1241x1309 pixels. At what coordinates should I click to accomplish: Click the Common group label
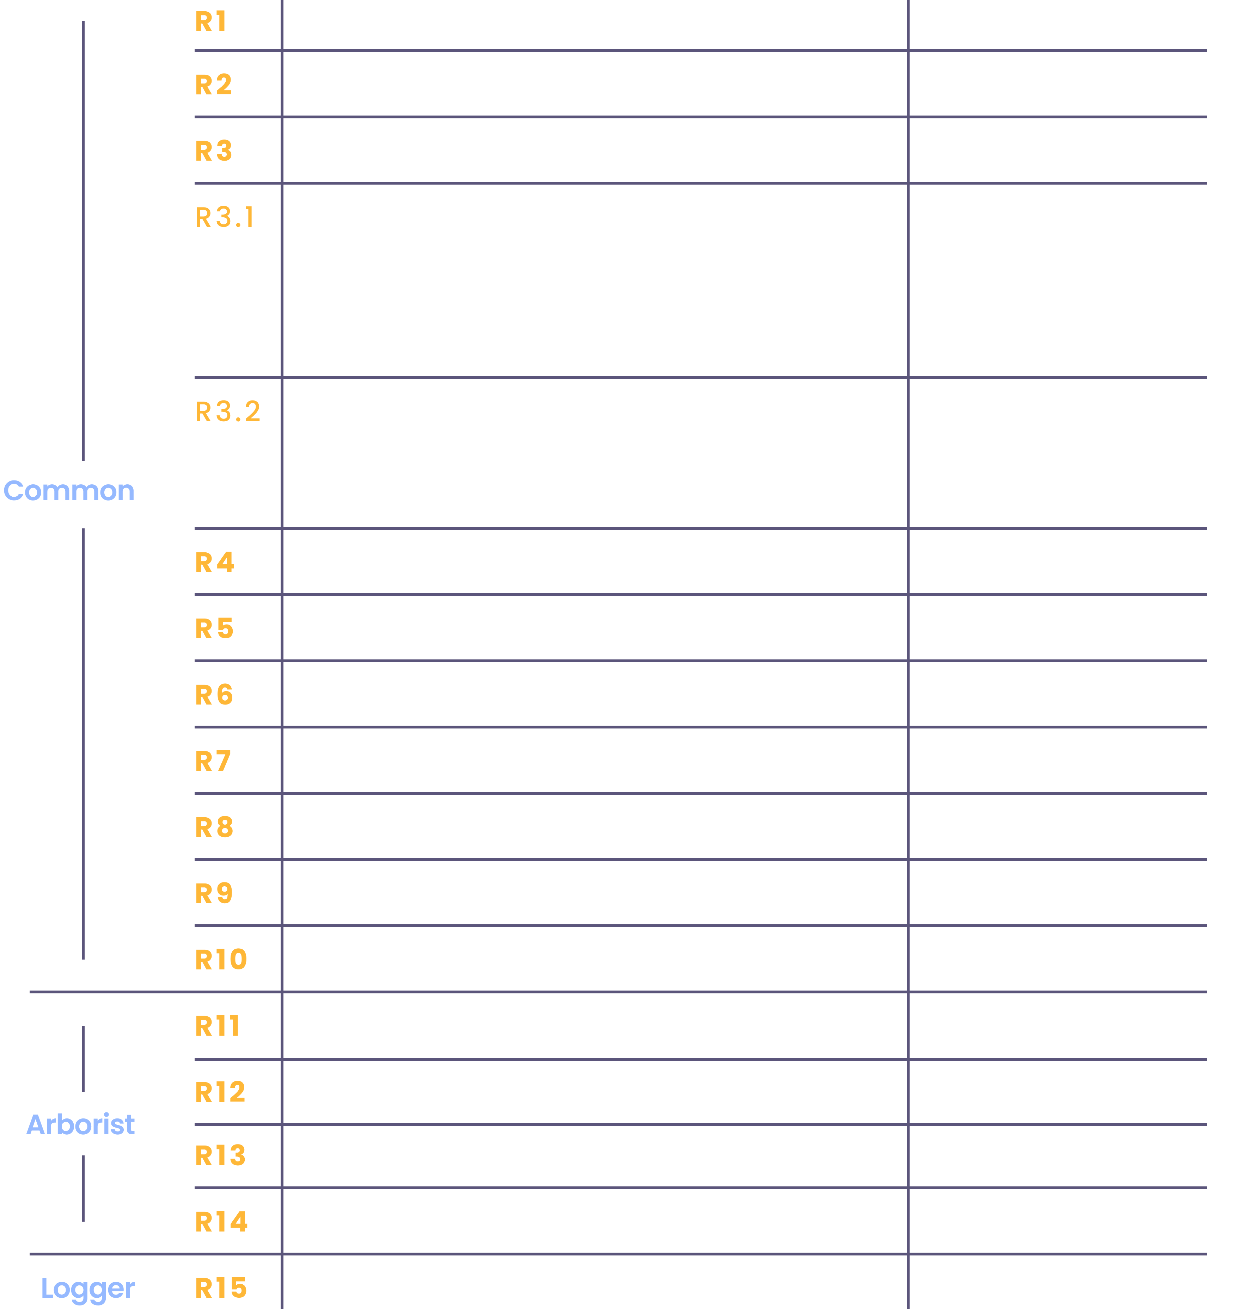click(69, 491)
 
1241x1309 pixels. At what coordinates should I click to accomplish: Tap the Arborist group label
click(81, 1124)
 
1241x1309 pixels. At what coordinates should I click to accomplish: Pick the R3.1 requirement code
click(225, 217)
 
